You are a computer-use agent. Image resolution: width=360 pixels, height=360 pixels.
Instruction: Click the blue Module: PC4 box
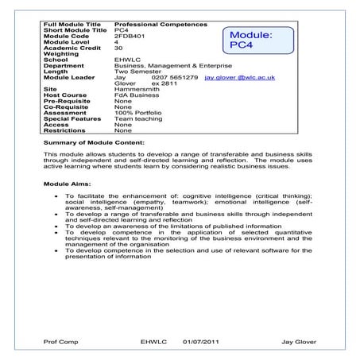click(251, 41)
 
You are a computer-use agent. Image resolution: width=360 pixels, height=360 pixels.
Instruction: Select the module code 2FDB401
click(131, 36)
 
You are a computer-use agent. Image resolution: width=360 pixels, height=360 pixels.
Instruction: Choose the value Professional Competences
click(155, 25)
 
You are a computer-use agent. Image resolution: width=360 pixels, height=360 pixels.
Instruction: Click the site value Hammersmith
click(137, 90)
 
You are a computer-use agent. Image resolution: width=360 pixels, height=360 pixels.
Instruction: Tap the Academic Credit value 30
click(118, 47)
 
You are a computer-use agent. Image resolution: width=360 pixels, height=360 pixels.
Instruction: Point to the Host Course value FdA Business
click(137, 95)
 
